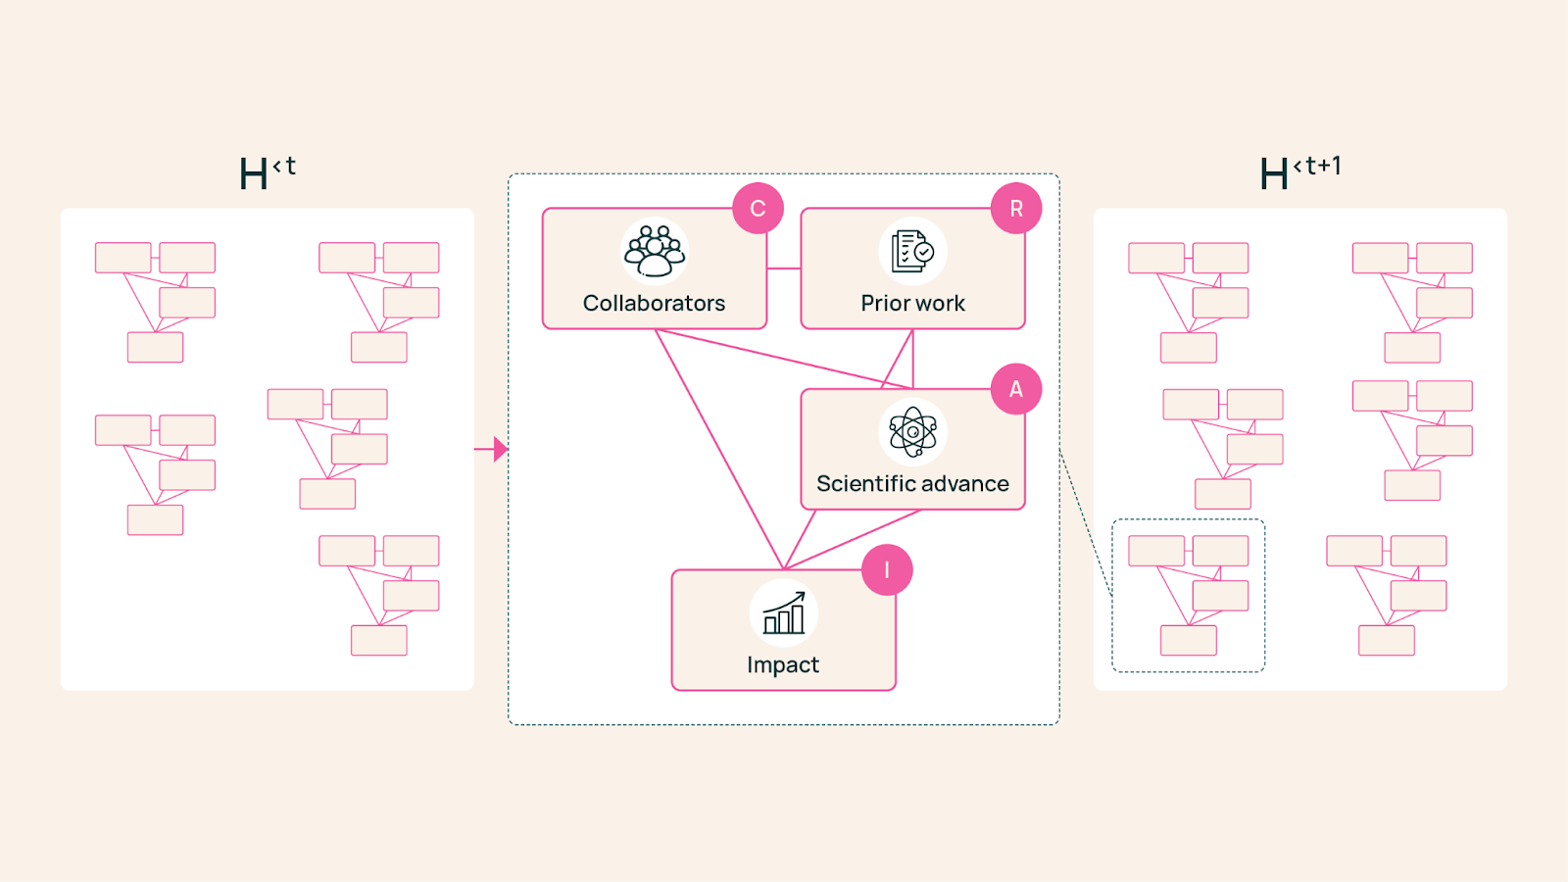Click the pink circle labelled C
point(758,209)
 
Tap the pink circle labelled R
point(1016,209)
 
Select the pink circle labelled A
point(1016,389)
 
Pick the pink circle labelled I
point(887,570)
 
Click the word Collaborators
point(654,304)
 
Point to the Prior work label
point(912,304)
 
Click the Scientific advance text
point(912,484)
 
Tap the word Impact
point(783,665)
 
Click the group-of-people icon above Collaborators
point(655,251)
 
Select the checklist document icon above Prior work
point(912,251)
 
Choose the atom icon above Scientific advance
point(912,431)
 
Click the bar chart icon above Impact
point(783,612)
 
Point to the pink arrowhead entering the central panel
point(500,450)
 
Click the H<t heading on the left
point(267,173)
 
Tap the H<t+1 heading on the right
point(1299,173)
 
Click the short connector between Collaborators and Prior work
point(784,269)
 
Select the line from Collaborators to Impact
point(719,449)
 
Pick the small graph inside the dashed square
point(1189,595)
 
